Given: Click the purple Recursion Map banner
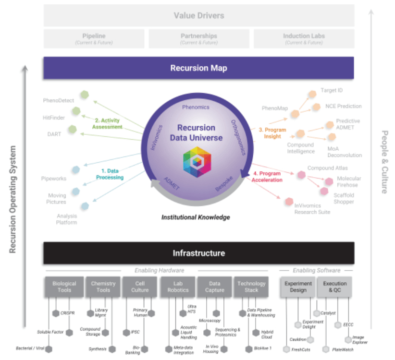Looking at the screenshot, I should (x=198, y=68).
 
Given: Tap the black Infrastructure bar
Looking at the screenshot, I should (x=198, y=253).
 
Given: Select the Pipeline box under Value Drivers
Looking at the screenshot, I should (x=94, y=38).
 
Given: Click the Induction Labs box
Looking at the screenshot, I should (x=303, y=38).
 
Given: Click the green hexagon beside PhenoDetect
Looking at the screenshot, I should (x=85, y=95).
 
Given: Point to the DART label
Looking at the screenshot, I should (x=55, y=134).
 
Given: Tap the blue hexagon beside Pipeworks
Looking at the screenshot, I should (x=75, y=169).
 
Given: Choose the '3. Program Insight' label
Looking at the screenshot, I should (x=272, y=133).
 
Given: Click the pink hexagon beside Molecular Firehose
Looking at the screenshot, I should (x=329, y=181).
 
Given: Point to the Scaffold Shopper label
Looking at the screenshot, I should (x=344, y=198).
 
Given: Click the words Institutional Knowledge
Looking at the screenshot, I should (x=196, y=217).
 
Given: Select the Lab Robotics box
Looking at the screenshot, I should (x=178, y=287).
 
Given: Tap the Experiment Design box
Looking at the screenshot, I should (x=298, y=287).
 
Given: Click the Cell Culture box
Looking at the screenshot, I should (x=140, y=287).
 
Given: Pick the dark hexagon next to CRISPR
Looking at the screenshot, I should (x=55, y=313).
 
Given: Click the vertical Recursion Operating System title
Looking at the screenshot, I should (x=13, y=199).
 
